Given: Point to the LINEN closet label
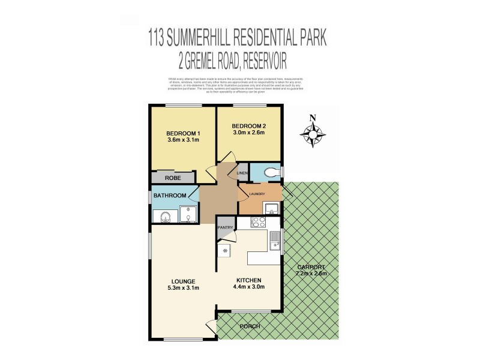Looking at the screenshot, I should pos(242,173).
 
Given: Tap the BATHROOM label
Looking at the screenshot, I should pos(170,196).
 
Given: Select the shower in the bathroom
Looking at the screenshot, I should pos(188,215).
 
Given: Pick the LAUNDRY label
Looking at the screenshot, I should pos(257,194).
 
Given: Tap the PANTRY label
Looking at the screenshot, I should pos(226,227).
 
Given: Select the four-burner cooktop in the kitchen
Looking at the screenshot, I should pos(259,222).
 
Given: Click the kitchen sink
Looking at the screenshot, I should pos(275,240).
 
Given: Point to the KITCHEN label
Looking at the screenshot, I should pos(248,281).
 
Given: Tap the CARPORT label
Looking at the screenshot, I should pos(310,267).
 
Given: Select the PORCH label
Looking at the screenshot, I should pos(250,326).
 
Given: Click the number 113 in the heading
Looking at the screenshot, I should pos(158,40).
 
